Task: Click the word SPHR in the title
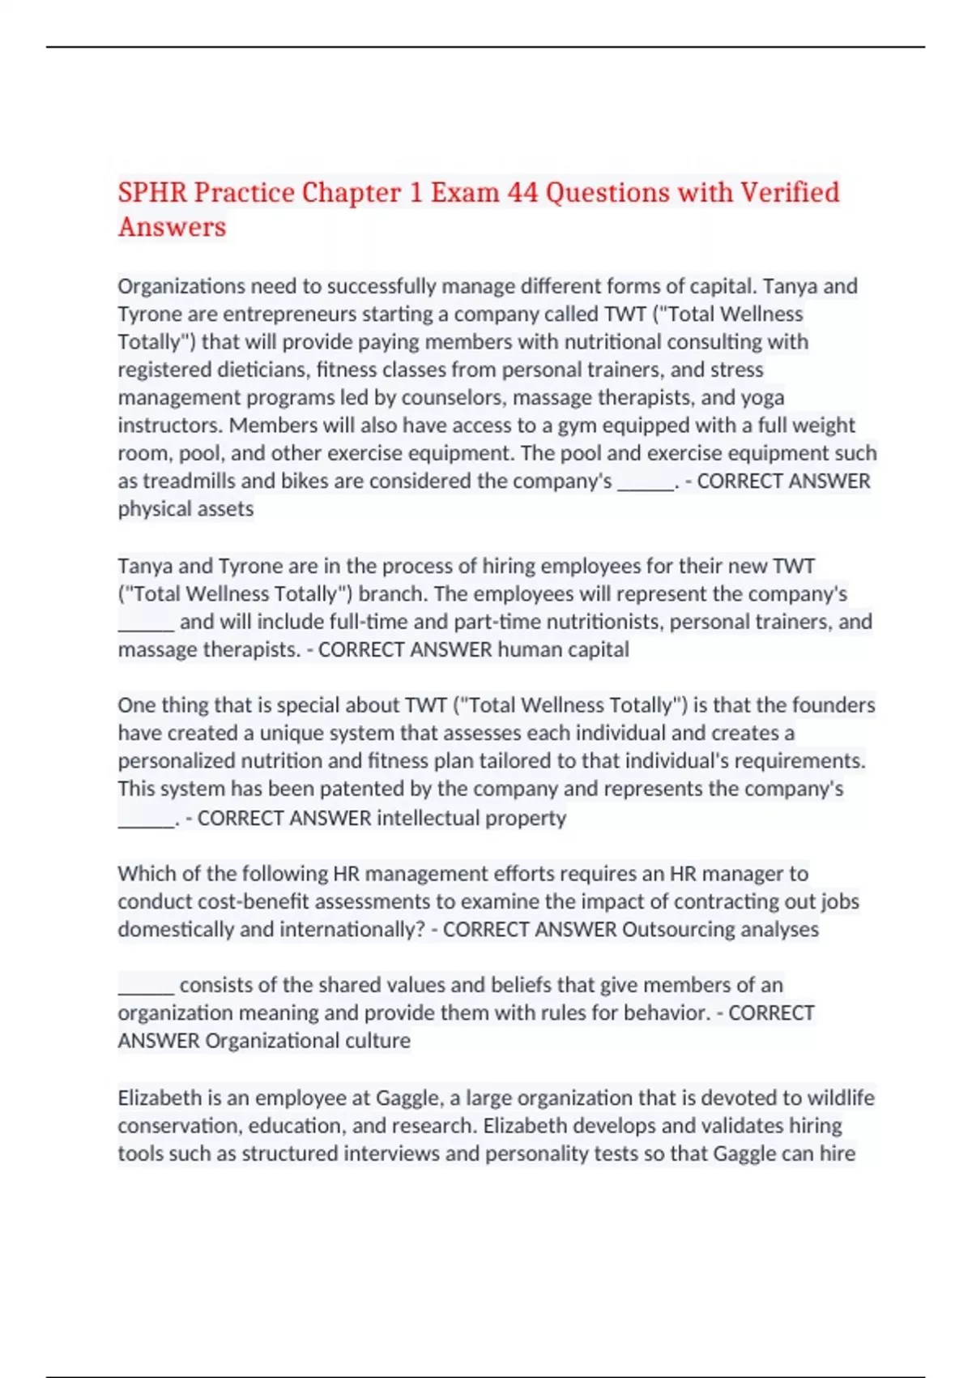tap(152, 193)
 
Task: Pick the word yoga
tap(762, 398)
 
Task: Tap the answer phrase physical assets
tap(185, 509)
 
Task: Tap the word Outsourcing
tap(678, 930)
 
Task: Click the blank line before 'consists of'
tap(146, 986)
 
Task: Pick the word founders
tap(833, 705)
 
